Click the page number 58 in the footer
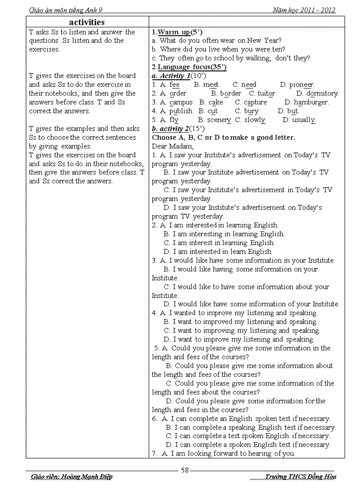point(185,470)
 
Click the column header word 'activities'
point(87,22)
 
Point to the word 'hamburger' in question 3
point(311,102)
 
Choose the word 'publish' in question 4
point(181,111)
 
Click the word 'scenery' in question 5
point(219,120)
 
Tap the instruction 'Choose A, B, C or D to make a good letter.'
point(223,138)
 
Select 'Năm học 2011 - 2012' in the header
point(304,10)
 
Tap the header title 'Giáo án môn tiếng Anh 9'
point(68,10)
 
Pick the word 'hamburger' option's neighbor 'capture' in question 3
point(255,102)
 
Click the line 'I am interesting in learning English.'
point(229,234)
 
